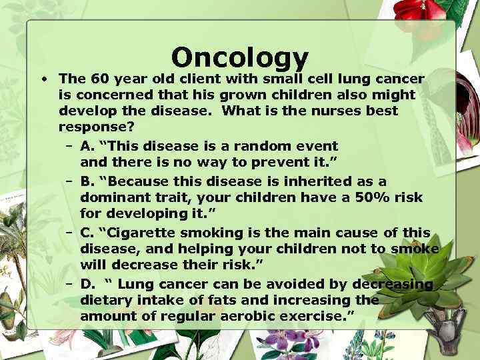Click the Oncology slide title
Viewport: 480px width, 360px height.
240,59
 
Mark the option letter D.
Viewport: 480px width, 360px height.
85,284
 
